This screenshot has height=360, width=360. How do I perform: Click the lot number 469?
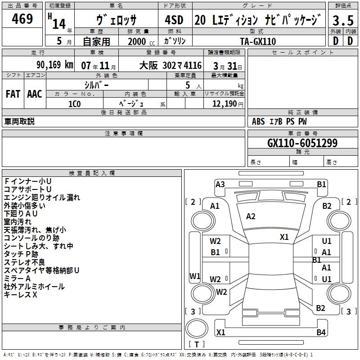click(22, 19)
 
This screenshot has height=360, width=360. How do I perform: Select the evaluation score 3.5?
click(343, 21)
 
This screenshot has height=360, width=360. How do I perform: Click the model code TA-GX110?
click(258, 41)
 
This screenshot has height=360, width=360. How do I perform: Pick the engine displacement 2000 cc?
click(138, 41)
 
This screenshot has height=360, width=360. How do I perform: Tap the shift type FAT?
click(13, 94)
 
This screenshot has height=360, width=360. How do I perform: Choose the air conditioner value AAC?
click(35, 94)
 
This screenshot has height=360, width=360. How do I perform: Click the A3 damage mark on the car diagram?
click(220, 184)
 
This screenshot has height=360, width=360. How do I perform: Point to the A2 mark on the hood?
click(251, 216)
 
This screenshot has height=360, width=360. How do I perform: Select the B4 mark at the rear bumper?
click(321, 333)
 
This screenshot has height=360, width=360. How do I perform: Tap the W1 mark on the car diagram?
click(195, 276)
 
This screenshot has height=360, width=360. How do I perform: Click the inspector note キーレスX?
click(20, 294)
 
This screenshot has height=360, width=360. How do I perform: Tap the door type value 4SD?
click(175, 20)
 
